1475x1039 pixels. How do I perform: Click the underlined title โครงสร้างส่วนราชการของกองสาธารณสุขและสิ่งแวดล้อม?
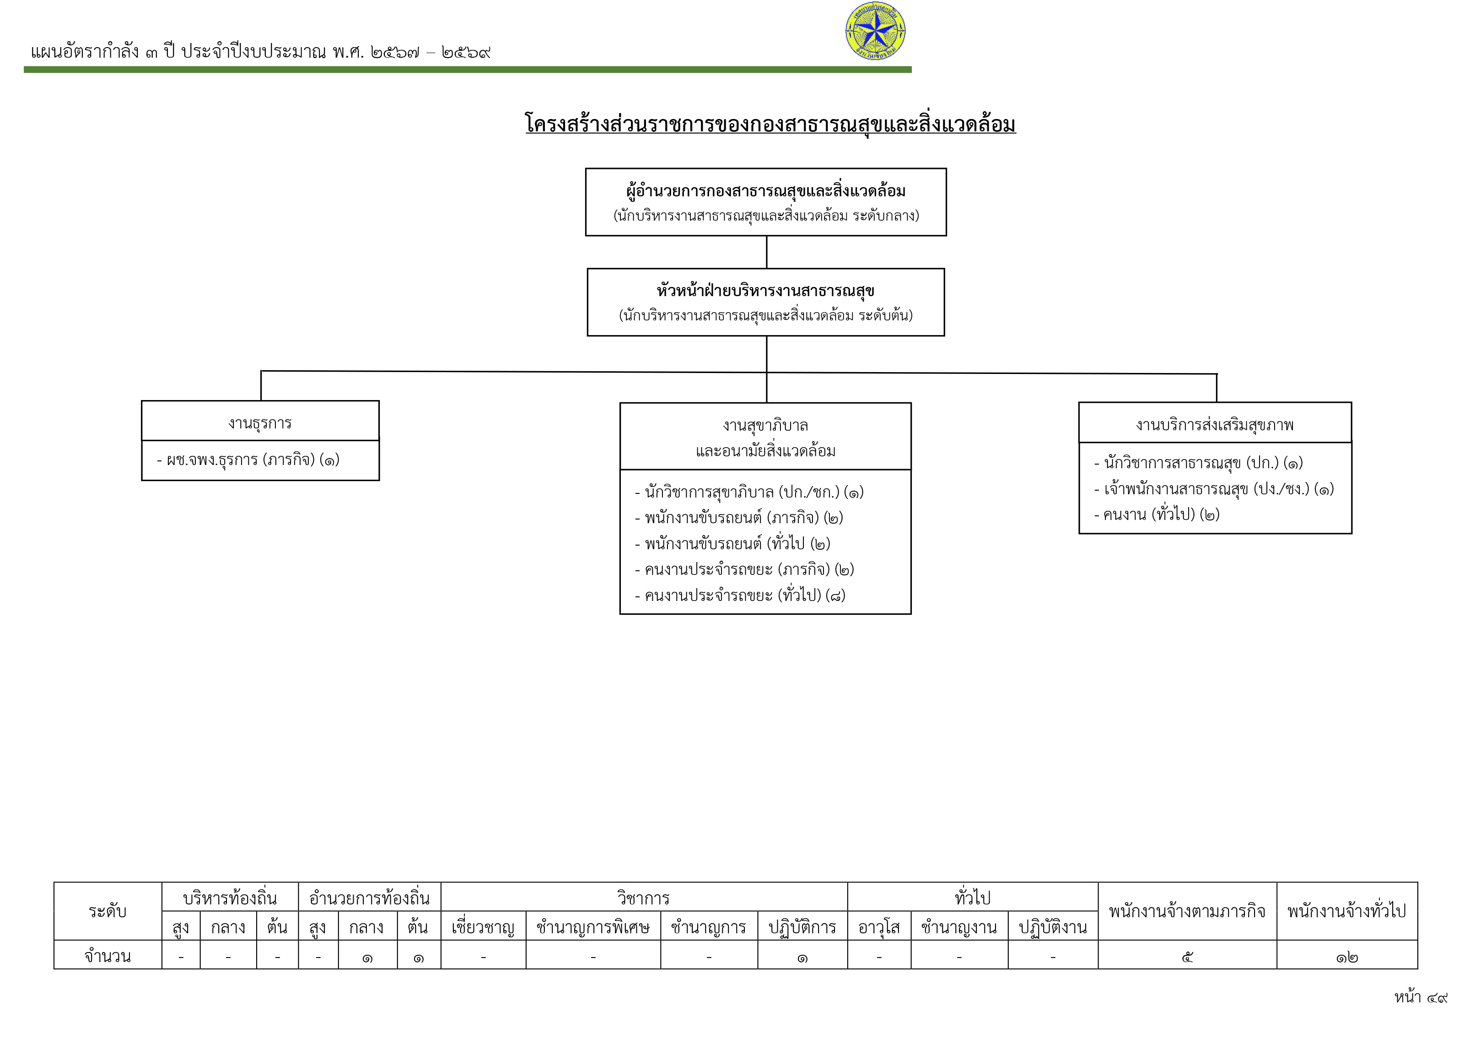(x=770, y=124)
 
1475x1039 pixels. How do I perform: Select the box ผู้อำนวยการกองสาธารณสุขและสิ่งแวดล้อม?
(x=766, y=202)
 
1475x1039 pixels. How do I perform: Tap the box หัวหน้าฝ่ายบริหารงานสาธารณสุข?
(x=766, y=302)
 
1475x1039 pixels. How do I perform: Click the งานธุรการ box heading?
(x=260, y=423)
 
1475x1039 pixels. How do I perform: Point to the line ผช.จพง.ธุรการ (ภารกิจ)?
(x=248, y=460)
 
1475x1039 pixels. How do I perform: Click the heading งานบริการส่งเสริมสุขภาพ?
(x=1215, y=425)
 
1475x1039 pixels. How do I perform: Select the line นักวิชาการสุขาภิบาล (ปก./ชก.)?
(x=749, y=492)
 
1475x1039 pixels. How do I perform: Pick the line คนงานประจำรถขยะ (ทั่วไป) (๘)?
(x=740, y=595)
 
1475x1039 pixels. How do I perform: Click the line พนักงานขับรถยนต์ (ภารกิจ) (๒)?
(x=739, y=518)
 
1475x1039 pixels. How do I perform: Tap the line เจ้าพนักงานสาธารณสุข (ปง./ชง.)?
(x=1214, y=489)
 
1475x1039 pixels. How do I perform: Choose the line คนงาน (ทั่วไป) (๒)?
(x=1157, y=514)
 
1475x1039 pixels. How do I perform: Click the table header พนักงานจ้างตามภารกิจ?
(x=1187, y=911)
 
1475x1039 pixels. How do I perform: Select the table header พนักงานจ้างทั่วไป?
(x=1346, y=911)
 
